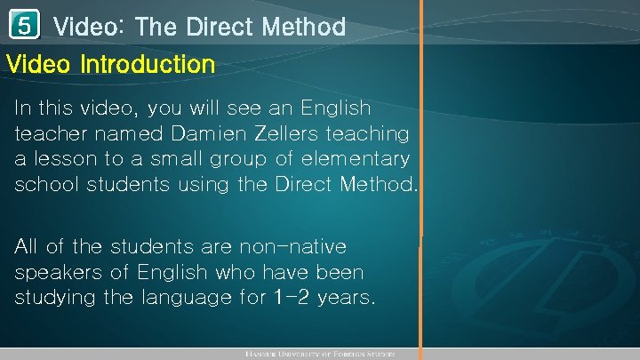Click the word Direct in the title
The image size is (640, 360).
220,28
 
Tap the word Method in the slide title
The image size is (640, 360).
304,28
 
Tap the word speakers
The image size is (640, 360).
55,272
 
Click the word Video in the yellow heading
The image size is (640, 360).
39,65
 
